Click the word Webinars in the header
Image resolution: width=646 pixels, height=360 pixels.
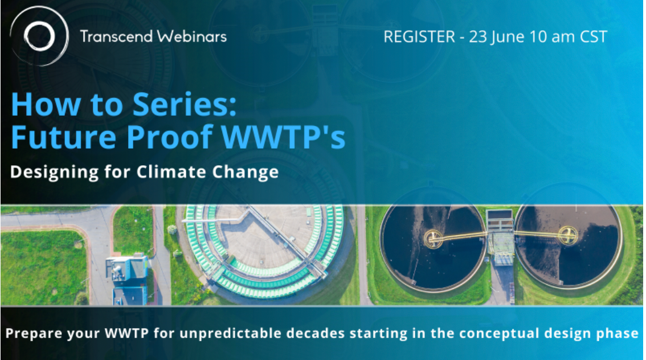[194, 37]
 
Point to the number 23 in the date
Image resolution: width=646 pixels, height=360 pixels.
[479, 37]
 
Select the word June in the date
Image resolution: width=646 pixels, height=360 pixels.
[509, 37]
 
